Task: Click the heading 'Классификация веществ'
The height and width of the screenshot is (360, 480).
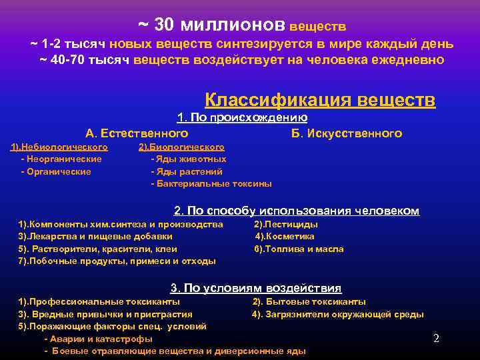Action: (x=320, y=100)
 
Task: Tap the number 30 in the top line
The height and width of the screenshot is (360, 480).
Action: (x=164, y=25)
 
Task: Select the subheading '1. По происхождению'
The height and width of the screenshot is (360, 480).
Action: (x=241, y=118)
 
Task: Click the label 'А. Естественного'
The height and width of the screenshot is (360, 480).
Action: (x=137, y=133)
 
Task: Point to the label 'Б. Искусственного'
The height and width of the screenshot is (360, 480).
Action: (x=347, y=133)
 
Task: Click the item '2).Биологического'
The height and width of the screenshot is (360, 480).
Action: (x=181, y=147)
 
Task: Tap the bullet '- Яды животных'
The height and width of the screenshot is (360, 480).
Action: (x=189, y=159)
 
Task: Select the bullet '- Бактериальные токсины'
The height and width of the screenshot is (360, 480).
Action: (x=211, y=183)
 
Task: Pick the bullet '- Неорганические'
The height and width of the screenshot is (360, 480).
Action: (x=61, y=159)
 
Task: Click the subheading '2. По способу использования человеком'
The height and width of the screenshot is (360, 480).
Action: (x=297, y=211)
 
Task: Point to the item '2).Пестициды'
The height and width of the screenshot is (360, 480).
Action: (x=286, y=225)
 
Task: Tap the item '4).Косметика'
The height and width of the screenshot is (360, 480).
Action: (x=285, y=237)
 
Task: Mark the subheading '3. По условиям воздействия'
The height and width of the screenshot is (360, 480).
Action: (x=256, y=289)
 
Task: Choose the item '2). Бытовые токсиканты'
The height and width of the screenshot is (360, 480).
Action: (x=309, y=302)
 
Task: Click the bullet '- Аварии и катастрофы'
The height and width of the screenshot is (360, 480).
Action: (x=97, y=339)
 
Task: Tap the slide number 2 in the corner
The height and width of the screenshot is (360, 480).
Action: (x=436, y=338)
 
